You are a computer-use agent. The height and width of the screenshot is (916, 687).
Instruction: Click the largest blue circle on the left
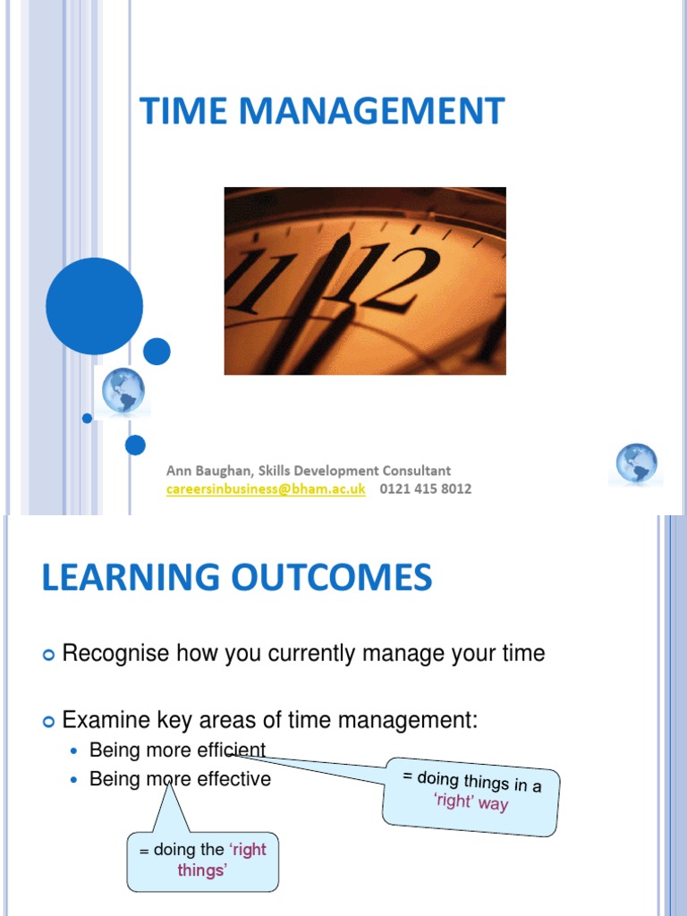point(94,306)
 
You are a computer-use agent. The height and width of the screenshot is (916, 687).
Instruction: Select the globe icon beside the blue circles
point(123,392)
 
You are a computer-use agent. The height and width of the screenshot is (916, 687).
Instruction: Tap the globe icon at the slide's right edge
point(636,464)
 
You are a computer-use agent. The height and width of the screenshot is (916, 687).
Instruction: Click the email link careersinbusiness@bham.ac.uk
point(266,488)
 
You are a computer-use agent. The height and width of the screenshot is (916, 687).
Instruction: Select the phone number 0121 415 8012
point(425,488)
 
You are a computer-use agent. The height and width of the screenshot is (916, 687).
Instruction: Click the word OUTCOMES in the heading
point(330,577)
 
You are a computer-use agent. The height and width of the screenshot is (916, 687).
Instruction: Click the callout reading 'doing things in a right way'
point(471,791)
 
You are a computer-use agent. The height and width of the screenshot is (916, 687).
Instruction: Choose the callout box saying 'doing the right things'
point(202,859)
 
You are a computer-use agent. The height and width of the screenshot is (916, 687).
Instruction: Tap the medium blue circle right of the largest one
point(157,351)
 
